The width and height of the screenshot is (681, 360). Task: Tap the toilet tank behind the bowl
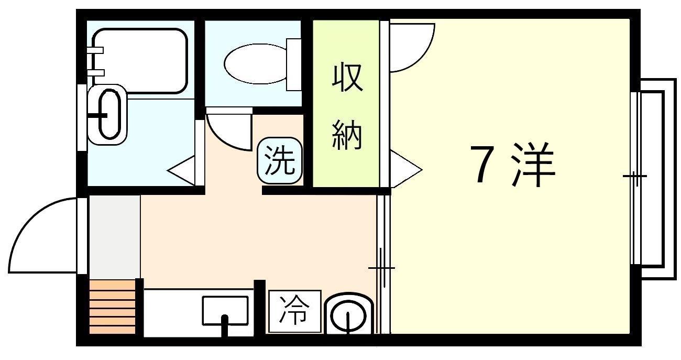(294, 64)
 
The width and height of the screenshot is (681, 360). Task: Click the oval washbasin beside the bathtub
(107, 114)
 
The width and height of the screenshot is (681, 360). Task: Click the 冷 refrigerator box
(294, 311)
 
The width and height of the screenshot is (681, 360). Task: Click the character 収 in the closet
(347, 79)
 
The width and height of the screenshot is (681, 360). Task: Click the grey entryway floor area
(114, 236)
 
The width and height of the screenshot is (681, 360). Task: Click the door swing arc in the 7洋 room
(411, 47)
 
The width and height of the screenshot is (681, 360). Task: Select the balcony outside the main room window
(655, 178)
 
